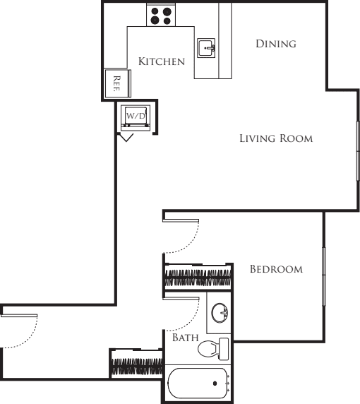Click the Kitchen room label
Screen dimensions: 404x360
tap(161, 61)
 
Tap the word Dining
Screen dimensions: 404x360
tap(275, 44)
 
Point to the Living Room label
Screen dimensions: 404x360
tap(275, 138)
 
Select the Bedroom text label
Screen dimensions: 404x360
tap(276, 269)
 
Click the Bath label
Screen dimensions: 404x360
tap(185, 338)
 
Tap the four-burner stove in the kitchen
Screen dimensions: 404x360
tap(162, 16)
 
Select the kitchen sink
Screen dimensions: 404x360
tap(206, 47)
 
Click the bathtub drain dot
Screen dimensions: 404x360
tap(215, 384)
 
